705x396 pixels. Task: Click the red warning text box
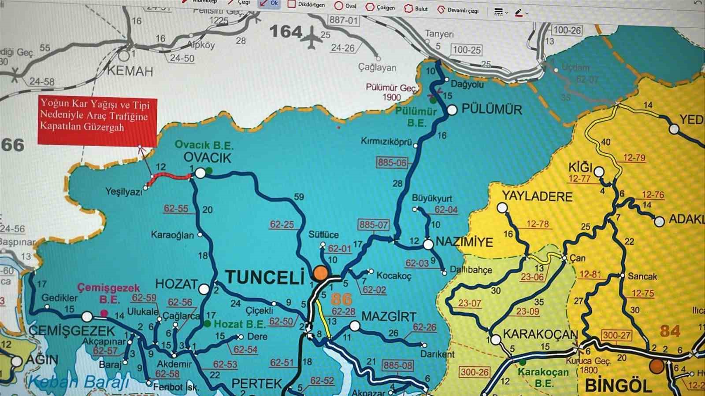click(x=97, y=121)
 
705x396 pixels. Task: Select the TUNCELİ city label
click(x=265, y=277)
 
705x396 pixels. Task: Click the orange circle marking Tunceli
click(x=321, y=273)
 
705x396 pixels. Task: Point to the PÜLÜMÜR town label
click(x=491, y=110)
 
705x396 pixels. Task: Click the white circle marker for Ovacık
click(x=200, y=173)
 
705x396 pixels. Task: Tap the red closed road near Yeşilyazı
click(x=170, y=177)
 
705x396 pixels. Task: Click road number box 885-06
click(x=392, y=162)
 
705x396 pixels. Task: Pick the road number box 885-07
click(x=373, y=225)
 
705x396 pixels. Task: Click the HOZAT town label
click(x=176, y=284)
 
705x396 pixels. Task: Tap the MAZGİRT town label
click(x=388, y=316)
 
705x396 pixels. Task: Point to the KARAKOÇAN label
click(x=540, y=334)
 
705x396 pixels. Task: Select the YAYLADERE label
click(x=537, y=196)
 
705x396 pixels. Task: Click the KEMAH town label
click(x=130, y=71)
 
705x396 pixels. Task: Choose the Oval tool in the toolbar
click(x=345, y=6)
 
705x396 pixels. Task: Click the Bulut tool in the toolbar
click(x=416, y=8)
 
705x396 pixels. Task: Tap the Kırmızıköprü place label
click(x=386, y=142)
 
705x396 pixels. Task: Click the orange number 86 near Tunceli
click(x=341, y=300)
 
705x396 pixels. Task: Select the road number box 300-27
click(x=616, y=335)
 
